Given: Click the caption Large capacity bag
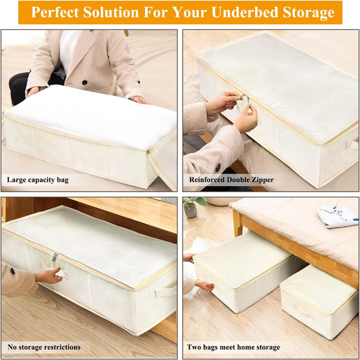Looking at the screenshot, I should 38,180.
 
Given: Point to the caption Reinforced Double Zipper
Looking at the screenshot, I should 231,180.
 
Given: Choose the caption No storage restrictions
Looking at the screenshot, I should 44,347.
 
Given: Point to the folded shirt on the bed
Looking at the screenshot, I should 337,216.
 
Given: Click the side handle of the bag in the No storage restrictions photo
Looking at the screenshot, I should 166,291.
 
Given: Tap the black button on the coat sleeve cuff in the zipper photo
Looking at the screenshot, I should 218,168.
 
